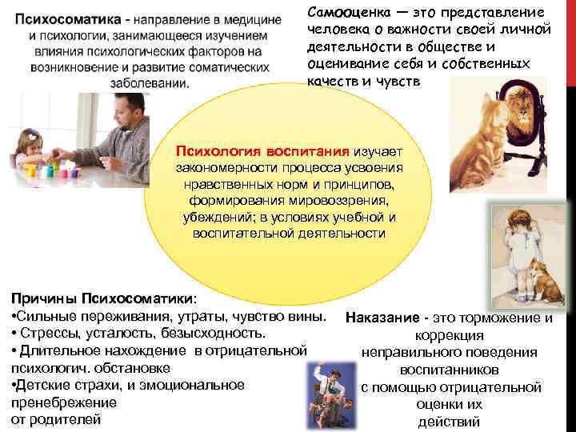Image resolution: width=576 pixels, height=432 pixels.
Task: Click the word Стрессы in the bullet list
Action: tap(44, 333)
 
